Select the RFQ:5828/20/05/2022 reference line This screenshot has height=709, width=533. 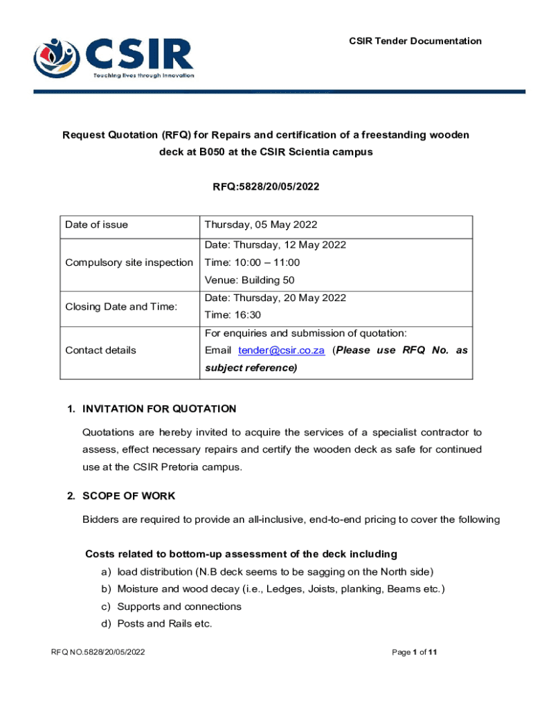coord(266,186)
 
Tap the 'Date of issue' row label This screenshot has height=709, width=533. coord(96,224)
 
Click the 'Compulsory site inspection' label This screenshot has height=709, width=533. coord(129,262)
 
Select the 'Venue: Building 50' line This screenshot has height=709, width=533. coord(250,280)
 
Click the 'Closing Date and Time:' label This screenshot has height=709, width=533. coord(121,307)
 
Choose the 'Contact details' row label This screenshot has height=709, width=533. coord(100,350)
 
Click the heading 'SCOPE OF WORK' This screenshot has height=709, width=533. coord(128,496)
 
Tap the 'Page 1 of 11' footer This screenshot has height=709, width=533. coord(414,652)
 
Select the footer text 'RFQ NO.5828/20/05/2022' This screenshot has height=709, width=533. coord(98,652)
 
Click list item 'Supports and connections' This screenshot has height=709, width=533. coord(179,607)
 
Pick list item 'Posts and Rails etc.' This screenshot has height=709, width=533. coord(164,624)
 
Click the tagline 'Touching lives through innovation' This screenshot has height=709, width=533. coord(143,75)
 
